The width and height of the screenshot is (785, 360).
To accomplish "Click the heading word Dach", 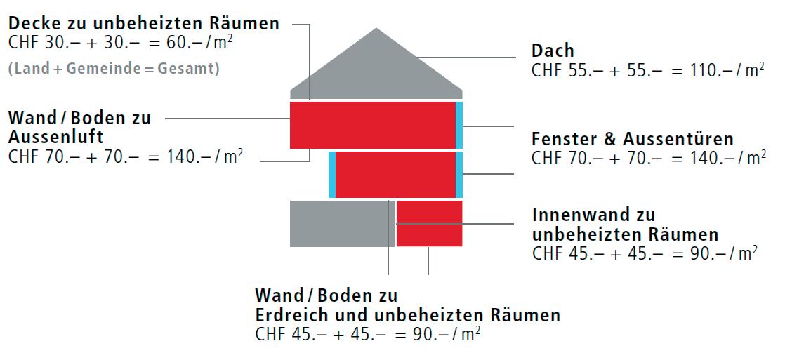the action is tap(553, 51).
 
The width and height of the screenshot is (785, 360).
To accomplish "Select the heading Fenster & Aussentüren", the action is tap(633, 138).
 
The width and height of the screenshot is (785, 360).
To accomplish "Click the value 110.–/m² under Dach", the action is tap(730, 69).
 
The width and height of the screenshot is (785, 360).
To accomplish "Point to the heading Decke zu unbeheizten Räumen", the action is tap(144, 23).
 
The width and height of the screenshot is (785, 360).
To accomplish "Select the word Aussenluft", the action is tap(55, 135).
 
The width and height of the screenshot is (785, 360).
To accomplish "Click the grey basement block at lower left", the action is tap(341, 223).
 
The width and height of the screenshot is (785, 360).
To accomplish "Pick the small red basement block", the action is tap(429, 223).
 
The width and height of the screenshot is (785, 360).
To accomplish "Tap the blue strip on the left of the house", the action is tap(332, 174).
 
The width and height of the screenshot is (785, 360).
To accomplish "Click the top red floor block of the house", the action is tap(372, 125).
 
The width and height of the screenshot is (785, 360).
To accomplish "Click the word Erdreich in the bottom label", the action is tap(295, 314).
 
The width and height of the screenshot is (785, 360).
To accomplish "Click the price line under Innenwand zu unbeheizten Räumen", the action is tap(645, 253).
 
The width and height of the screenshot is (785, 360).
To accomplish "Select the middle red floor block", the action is tap(395, 174).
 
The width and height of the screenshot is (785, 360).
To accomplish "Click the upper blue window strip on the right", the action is tap(459, 125).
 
